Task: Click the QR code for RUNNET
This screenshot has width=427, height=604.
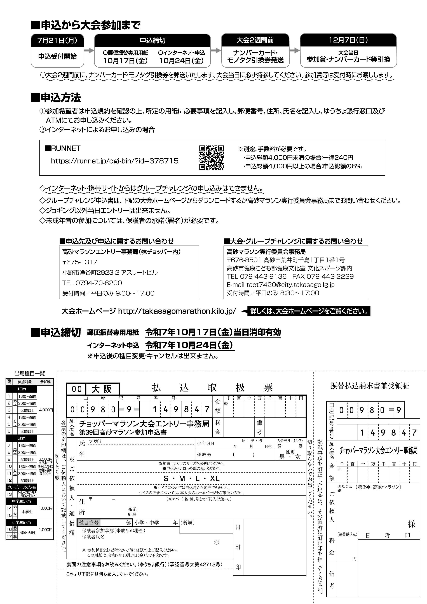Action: (211, 157)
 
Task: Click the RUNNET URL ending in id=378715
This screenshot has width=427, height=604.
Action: (114, 161)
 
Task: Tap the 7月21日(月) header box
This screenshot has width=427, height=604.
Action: (57, 40)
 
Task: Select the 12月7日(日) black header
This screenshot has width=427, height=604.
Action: (348, 40)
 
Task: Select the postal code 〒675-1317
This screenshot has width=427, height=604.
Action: (80, 262)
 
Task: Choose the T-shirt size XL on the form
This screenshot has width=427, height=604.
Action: (215, 478)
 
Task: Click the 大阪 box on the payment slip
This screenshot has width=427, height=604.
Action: (102, 389)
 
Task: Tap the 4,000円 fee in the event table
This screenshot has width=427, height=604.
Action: (46, 410)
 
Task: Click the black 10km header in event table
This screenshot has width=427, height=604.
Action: (22, 389)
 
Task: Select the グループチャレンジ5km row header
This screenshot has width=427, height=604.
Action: (22, 487)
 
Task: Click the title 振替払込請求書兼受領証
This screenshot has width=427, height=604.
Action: (369, 386)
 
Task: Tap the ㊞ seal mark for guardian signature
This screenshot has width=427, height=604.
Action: (216, 542)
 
